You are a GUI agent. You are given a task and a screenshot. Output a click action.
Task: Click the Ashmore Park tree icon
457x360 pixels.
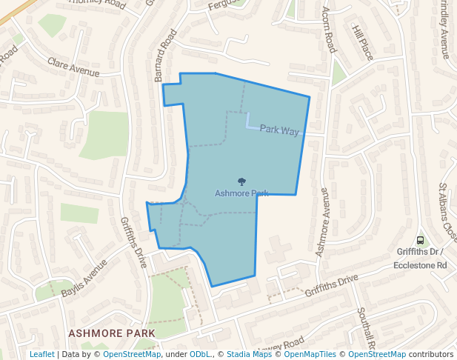pyautogui.click(x=241, y=181)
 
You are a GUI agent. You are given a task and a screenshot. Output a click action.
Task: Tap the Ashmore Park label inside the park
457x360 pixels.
pyautogui.click(x=241, y=193)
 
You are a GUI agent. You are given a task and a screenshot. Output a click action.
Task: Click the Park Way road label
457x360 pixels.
pyautogui.click(x=279, y=130)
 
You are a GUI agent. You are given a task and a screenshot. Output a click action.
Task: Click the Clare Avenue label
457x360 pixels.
pyautogui.click(x=73, y=67)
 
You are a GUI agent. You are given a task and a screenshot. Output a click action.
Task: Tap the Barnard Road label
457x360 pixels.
pyautogui.click(x=166, y=56)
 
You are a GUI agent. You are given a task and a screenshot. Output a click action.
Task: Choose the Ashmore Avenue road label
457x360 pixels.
pyautogui.click(x=323, y=221)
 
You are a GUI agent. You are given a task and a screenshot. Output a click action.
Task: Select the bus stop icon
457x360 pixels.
pyautogui.click(x=420, y=240)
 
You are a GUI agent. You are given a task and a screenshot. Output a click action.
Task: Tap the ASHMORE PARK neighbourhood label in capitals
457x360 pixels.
pyautogui.click(x=112, y=333)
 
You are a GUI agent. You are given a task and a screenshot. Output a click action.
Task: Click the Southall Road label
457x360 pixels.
pyautogui.click(x=366, y=330)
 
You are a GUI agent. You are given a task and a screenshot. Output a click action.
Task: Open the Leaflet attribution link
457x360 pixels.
pyautogui.click(x=41, y=354)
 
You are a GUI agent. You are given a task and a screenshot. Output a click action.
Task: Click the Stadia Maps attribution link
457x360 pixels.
pyautogui.click(x=249, y=354)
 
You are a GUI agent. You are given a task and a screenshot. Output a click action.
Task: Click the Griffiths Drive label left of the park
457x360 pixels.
pyautogui.click(x=133, y=242)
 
